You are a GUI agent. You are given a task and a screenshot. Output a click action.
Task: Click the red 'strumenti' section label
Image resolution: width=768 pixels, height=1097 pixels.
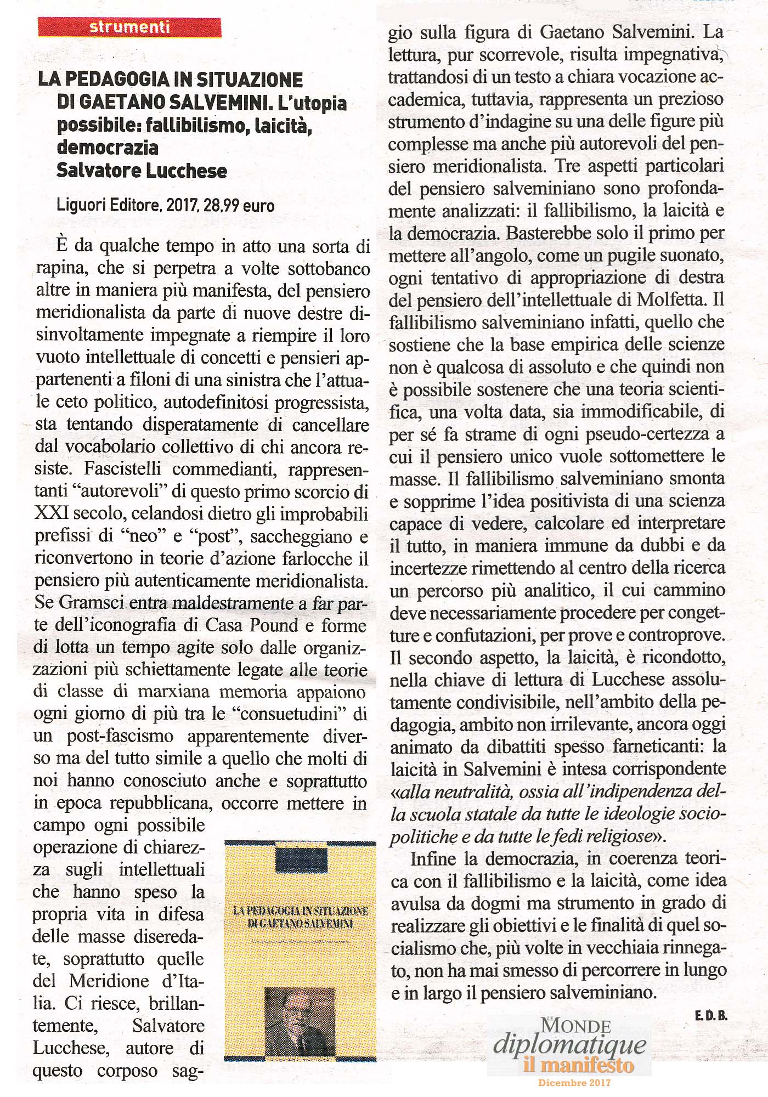pos(129,27)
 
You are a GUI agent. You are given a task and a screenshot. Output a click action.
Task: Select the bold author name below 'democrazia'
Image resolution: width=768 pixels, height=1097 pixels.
pos(142,171)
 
